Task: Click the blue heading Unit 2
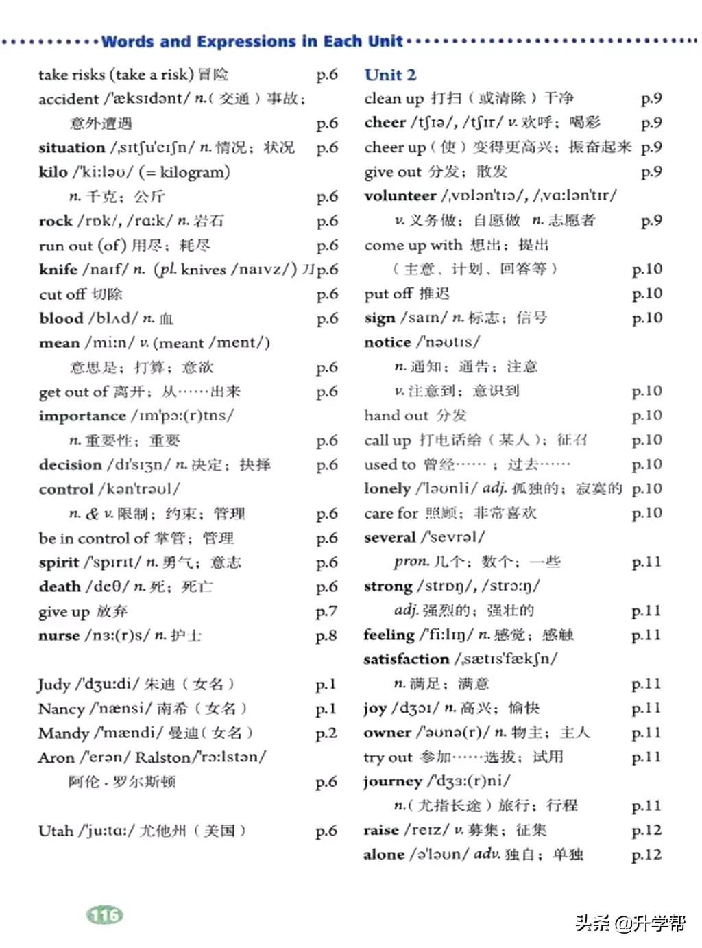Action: (390, 75)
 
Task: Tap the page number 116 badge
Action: (104, 914)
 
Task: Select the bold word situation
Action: (71, 147)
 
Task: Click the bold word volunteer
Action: (400, 196)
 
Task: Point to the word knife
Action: (58, 270)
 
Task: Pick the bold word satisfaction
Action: (406, 659)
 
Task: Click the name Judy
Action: (54, 685)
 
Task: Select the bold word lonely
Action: (387, 488)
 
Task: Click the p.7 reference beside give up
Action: (326, 611)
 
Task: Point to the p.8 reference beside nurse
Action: (326, 636)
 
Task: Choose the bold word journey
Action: (392, 782)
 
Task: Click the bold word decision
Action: (70, 465)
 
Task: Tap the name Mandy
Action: (63, 733)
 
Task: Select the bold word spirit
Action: (58, 562)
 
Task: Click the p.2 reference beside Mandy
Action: (326, 733)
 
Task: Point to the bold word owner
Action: (387, 733)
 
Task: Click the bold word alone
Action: (384, 855)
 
